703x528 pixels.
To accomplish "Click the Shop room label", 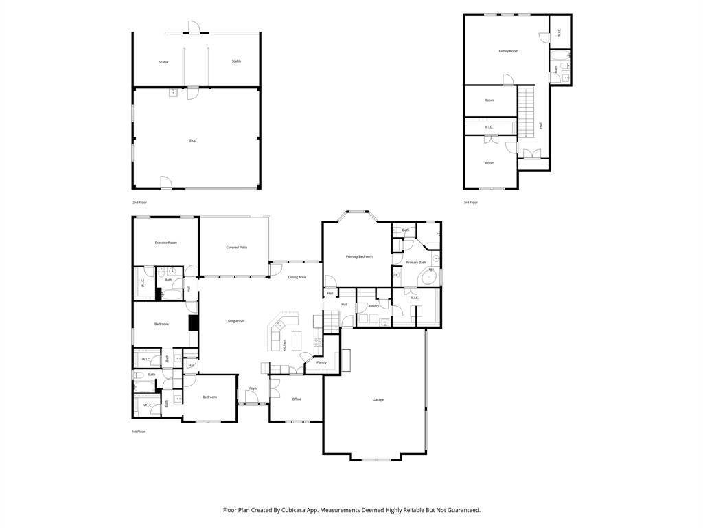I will pos(192,140).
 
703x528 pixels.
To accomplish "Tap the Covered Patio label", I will pos(236,247).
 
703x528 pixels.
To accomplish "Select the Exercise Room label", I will pos(165,243).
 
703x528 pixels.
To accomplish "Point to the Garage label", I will pos(378,399).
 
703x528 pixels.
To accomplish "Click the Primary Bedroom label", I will pos(359,256).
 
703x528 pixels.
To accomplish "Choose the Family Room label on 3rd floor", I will pos(508,51).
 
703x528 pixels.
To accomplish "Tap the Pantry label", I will pos(321,362).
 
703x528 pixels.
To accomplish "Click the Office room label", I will pos(297,399).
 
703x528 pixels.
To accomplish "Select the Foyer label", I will pos(253,388).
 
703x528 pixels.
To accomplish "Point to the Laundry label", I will pos(373,306).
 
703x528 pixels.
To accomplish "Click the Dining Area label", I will pos(297,277).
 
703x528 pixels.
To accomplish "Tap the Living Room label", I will pos(235,321).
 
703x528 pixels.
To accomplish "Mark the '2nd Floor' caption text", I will pos(140,203).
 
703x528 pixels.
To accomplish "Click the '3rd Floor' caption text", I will pos(471,203).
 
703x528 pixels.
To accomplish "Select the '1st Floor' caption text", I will pos(139,432).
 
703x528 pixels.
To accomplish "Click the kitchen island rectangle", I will pos(297,340).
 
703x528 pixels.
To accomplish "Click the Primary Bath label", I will pos(416,263).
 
